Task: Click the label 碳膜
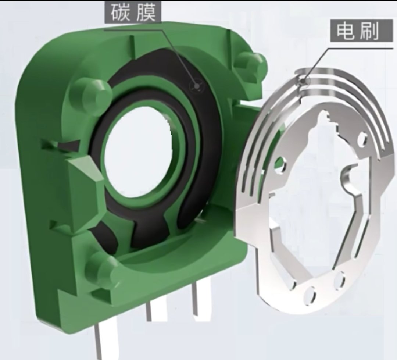point(133,13)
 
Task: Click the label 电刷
point(362,31)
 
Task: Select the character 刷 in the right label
point(370,31)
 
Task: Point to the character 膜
point(146,13)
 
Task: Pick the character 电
point(345,31)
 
